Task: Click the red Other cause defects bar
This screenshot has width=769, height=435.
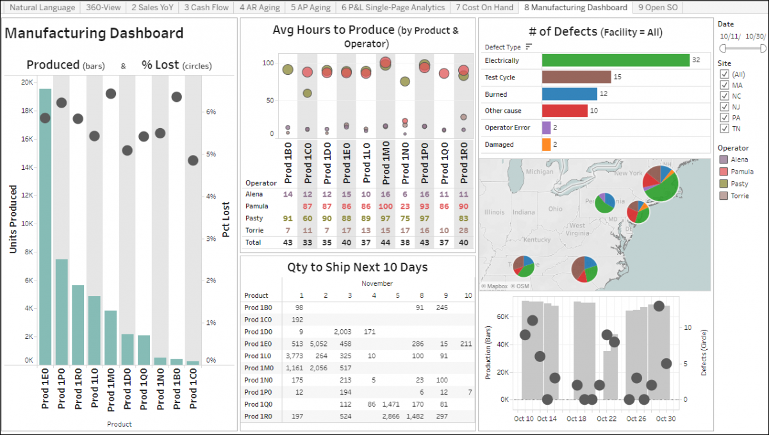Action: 565,111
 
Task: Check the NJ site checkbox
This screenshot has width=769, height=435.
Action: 725,106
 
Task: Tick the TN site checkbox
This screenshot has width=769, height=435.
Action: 725,128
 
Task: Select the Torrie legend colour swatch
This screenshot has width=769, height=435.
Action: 724,195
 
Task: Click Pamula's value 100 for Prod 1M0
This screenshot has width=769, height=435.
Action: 385,206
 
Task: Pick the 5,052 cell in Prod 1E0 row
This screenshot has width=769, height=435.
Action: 318,343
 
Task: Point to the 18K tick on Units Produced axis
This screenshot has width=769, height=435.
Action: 27,110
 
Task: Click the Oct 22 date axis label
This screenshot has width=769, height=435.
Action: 606,418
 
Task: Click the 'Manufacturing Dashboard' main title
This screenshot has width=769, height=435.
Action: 94,33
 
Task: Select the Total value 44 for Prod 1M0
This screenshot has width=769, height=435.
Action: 385,243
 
